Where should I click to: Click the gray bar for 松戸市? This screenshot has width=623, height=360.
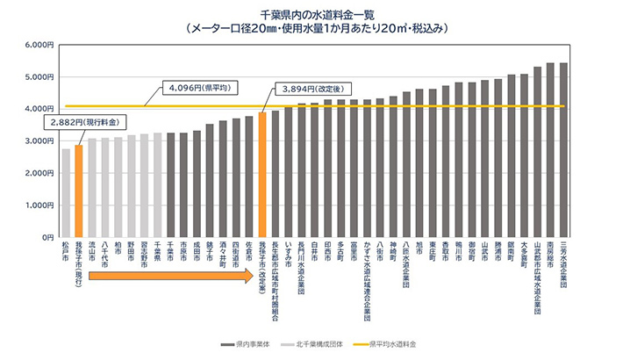[66, 193]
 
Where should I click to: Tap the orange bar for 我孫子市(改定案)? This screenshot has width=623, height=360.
[262, 175]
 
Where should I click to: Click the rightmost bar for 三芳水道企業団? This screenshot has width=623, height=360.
[563, 150]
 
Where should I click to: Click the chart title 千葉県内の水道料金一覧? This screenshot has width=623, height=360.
[311, 15]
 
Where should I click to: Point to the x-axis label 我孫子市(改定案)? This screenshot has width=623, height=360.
[262, 268]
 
